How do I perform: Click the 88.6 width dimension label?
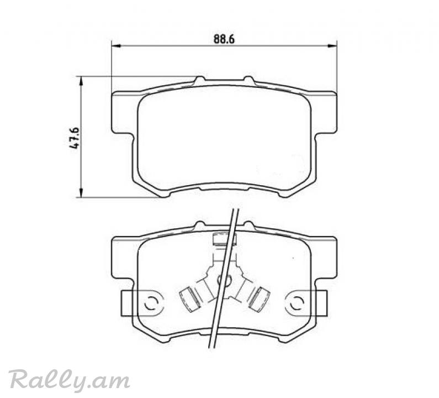(x=224, y=39)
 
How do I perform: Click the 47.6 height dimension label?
(x=75, y=138)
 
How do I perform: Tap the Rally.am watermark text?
(x=69, y=380)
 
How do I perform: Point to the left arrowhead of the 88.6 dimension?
(x=116, y=46)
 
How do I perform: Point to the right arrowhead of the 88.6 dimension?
(x=332, y=46)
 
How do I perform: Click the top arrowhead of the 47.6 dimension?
(x=81, y=81)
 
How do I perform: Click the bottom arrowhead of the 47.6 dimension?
(x=81, y=192)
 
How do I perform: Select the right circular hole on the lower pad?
(x=297, y=303)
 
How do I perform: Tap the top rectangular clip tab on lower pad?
(x=225, y=239)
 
